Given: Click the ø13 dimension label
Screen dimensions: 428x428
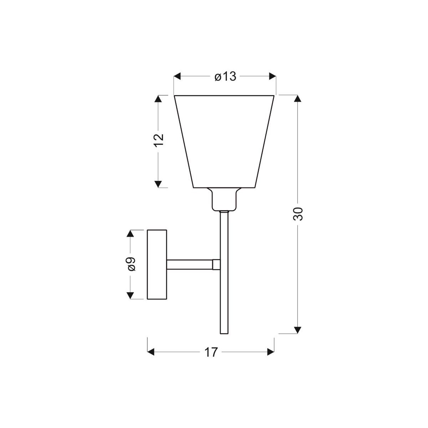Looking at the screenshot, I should click(225, 76).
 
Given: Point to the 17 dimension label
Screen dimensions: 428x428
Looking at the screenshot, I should click(211, 352).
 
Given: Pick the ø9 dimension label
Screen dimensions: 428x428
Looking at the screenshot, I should click(131, 264).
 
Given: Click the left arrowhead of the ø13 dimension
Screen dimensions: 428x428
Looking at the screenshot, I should click(178, 76).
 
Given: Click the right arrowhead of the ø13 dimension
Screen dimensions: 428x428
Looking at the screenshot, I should click(272, 76).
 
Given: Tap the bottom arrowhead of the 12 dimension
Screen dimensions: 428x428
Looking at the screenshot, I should click(159, 183).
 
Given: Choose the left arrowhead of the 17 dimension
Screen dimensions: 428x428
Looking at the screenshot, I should click(152, 352).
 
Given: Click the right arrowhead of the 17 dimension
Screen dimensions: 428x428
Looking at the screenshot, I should click(270, 352).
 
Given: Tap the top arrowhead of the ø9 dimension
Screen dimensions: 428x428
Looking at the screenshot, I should click(131, 234).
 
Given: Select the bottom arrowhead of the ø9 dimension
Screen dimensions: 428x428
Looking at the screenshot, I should click(131, 295).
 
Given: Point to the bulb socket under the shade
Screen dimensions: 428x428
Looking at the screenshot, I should click(224, 199).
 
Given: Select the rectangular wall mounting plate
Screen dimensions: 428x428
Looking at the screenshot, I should click(157, 264).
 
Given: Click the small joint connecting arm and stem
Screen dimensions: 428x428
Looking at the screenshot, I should click(216, 264).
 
